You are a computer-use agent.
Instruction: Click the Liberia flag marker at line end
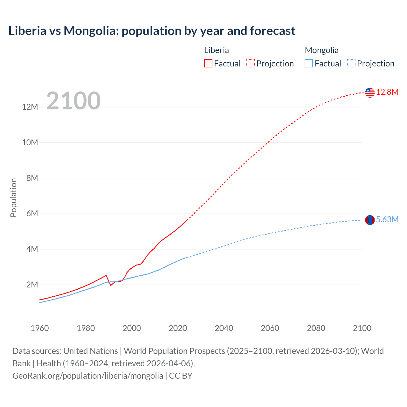click(370, 93)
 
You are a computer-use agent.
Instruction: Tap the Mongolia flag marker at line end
click(370, 220)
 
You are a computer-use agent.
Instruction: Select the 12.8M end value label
click(387, 92)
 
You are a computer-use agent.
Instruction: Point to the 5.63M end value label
click(387, 220)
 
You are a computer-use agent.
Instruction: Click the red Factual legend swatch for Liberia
click(208, 64)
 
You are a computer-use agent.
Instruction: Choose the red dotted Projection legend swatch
click(251, 64)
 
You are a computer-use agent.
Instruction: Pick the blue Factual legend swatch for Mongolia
click(308, 64)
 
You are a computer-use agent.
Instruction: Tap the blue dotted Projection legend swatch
click(351, 64)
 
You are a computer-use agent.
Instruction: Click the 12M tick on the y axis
click(30, 107)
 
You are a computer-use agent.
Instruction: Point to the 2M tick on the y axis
click(32, 285)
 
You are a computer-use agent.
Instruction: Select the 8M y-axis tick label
click(32, 178)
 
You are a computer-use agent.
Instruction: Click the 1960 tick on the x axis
click(40, 328)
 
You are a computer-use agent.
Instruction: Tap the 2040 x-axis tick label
click(224, 328)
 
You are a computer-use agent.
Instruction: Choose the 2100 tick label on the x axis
click(362, 328)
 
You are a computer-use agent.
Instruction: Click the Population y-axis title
click(13, 197)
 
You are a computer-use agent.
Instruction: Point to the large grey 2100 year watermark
click(73, 101)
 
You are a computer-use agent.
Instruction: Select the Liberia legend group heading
click(216, 50)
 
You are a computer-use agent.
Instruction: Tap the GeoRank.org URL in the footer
click(88, 376)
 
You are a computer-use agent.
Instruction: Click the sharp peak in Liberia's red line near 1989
click(106, 275)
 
